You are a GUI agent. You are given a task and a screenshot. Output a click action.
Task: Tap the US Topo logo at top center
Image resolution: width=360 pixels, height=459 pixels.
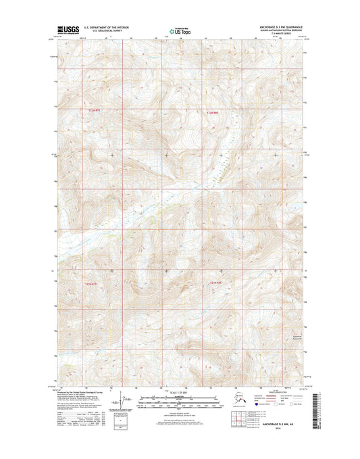[180, 30]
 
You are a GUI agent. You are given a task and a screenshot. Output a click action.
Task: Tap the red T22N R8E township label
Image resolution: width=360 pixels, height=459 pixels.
[213, 113]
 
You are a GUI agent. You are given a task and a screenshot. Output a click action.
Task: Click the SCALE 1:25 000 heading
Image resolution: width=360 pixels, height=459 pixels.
[180, 393]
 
